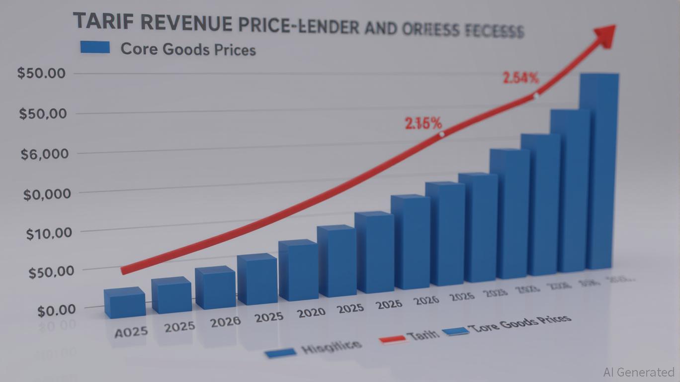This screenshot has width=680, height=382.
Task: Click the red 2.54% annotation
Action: (520, 78)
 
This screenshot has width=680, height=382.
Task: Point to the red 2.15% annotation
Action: (423, 123)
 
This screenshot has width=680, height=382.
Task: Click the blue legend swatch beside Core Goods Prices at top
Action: (94, 47)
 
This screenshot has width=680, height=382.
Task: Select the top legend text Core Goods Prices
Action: (188, 49)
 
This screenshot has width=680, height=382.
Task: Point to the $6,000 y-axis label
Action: (44, 154)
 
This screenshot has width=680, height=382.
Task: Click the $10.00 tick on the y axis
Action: (49, 233)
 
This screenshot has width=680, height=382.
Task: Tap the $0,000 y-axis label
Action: (47, 193)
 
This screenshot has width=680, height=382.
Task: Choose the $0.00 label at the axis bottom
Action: (56, 310)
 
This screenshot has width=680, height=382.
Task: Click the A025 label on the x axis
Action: (131, 332)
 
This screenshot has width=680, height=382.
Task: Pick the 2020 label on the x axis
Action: (311, 312)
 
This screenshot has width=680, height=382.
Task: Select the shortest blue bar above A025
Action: (125, 303)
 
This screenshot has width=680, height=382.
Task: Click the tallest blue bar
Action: (600, 169)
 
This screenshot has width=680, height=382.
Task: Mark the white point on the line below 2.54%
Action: (536, 96)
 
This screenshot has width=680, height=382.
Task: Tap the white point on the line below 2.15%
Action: (441, 134)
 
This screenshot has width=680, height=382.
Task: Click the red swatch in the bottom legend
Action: (392, 339)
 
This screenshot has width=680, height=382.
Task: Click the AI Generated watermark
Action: (638, 372)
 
